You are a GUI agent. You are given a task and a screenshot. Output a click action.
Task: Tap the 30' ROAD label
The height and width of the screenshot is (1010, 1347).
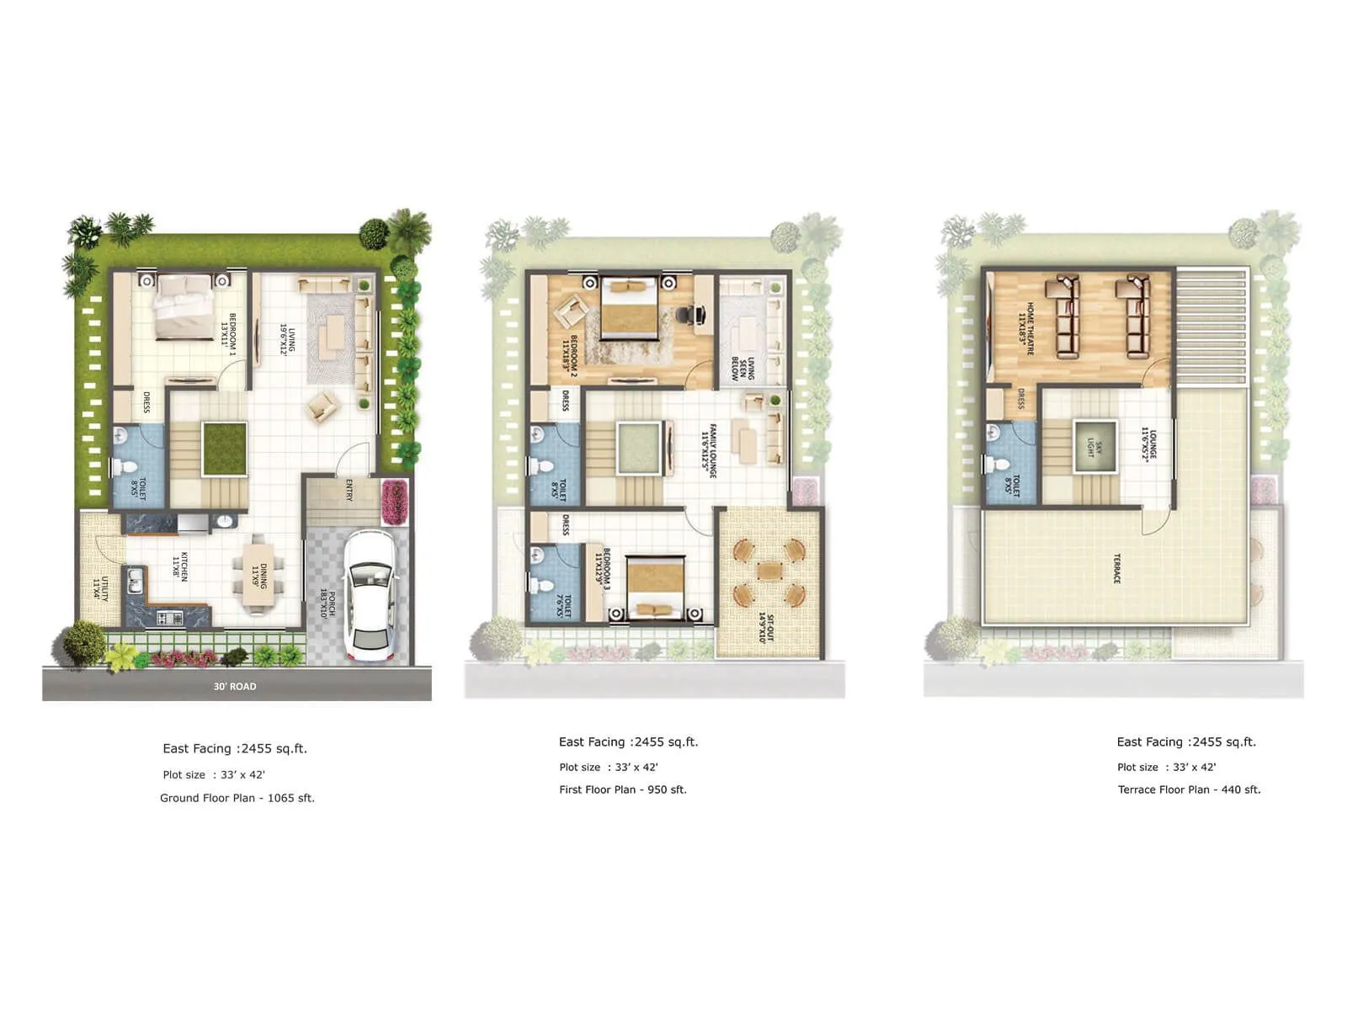coord(235,686)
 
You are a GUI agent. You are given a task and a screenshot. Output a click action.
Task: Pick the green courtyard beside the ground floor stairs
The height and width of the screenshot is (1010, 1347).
coord(224,448)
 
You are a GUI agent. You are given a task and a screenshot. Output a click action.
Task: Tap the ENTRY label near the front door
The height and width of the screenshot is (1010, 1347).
coord(349,490)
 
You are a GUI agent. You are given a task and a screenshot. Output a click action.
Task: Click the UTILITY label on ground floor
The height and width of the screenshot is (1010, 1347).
coord(101,587)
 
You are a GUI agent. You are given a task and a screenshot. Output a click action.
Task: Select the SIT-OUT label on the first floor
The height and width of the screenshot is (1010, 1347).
coord(764,628)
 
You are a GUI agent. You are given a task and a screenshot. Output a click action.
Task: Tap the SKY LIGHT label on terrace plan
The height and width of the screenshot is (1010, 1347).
coord(1094,449)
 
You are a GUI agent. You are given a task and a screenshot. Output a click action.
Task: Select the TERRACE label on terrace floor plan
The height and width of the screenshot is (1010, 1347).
coord(1117,568)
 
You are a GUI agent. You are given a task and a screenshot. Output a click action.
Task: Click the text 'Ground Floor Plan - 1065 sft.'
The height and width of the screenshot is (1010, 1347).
coord(237,798)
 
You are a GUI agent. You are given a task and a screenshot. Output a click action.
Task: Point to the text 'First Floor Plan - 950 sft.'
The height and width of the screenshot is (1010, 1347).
coord(623,789)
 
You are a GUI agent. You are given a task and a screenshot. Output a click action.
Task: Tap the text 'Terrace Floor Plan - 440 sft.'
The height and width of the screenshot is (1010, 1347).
coord(1189,789)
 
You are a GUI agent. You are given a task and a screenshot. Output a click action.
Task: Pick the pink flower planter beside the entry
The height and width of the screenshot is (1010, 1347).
coord(393,502)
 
